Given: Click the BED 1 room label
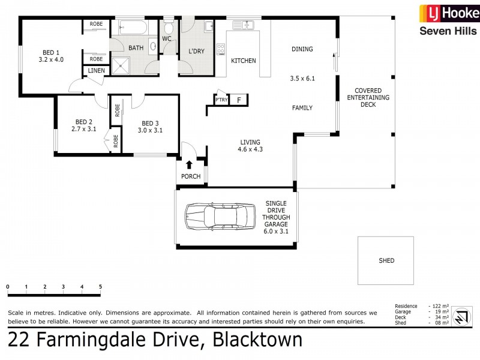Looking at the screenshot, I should [50, 52].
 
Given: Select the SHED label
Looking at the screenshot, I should [386, 260].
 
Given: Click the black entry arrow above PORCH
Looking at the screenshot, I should [190, 164].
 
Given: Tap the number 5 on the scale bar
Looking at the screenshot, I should [100, 287].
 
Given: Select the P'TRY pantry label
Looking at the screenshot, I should [222, 100].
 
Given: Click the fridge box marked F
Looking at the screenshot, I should [239, 100].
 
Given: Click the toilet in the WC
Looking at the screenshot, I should [169, 28].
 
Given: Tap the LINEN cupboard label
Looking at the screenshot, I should [96, 71].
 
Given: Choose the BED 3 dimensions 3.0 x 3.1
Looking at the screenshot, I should [150, 130].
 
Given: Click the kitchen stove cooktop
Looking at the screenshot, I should [220, 49].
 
